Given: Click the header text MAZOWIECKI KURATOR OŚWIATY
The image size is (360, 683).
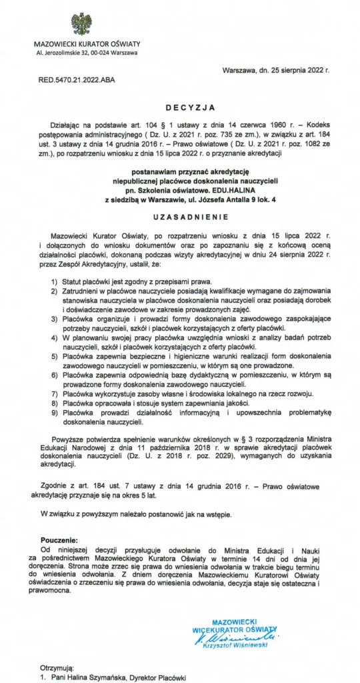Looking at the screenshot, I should point(87,44).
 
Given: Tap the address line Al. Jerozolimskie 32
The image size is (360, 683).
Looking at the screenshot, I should point(87,53).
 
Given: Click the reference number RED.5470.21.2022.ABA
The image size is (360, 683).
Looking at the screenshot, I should point(77,80).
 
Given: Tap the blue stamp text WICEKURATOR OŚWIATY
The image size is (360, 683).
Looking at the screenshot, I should point(234,628).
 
